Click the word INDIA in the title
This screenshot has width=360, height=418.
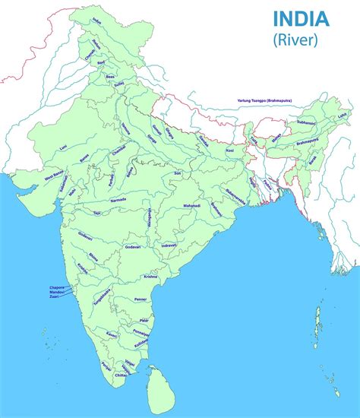point(301,17)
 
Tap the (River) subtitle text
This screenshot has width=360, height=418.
point(301,39)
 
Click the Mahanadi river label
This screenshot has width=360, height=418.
point(191,205)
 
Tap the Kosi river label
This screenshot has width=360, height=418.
point(230,150)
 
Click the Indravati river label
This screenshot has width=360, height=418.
point(169,245)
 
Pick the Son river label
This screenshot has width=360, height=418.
point(177,174)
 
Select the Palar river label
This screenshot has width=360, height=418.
point(144,321)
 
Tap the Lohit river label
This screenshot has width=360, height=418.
point(343,115)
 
